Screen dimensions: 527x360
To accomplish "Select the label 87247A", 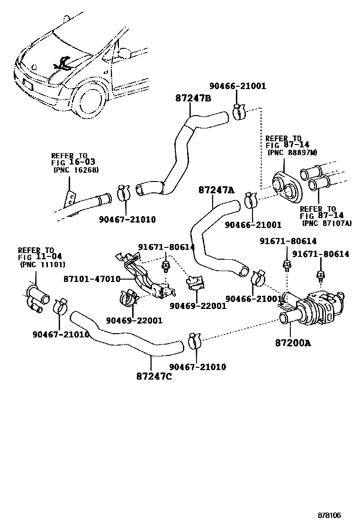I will tap(216, 190).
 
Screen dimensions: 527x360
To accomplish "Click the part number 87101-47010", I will tap(91, 279).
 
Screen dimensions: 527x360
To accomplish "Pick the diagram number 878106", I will tap(329, 515).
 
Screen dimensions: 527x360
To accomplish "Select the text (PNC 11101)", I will tap(43, 264).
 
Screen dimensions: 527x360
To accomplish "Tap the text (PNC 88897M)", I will tap(292, 153).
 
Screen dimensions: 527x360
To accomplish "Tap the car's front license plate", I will tap(27, 87).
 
